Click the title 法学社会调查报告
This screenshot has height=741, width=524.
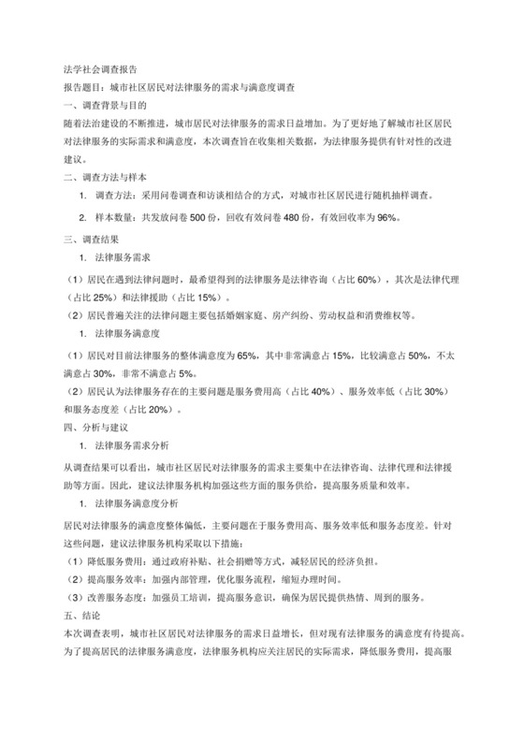coord(98,68)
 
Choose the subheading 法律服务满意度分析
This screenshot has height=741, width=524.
coord(150,502)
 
